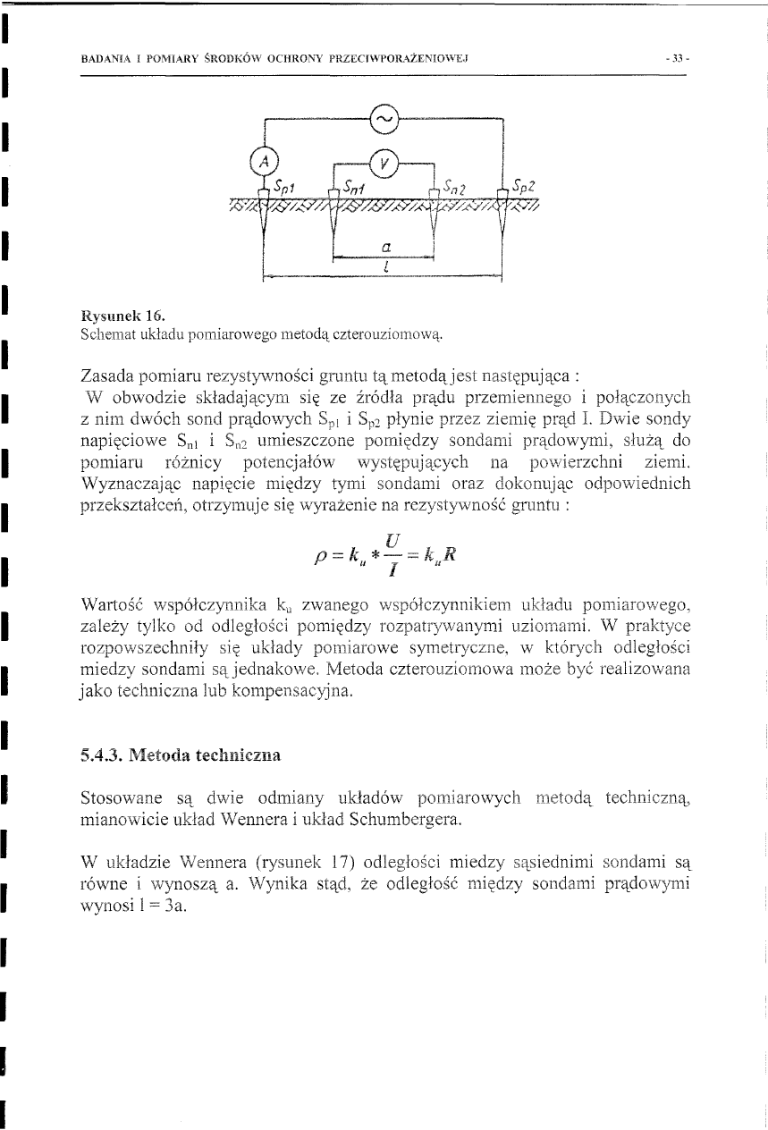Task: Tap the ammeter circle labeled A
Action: pos(264,162)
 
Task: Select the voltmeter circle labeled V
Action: pos(384,162)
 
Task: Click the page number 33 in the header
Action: pos(671,59)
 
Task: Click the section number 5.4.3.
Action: pos(101,754)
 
